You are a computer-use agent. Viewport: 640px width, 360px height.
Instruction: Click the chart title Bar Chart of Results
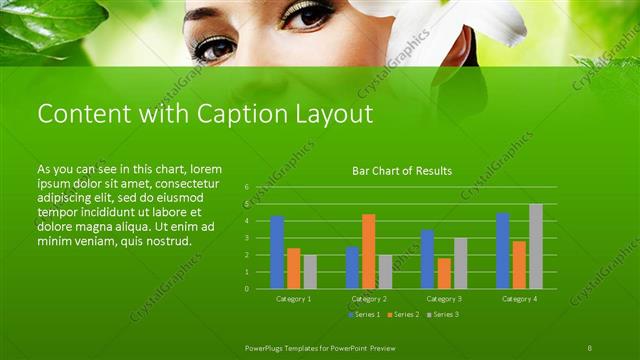[x=402, y=171]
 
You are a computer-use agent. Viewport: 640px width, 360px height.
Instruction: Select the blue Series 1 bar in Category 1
[x=277, y=252]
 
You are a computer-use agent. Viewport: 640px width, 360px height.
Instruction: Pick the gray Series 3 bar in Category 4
[x=536, y=246]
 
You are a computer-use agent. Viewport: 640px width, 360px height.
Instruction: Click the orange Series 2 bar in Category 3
[x=444, y=273]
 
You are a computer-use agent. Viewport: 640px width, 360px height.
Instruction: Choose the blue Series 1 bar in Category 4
[x=503, y=250]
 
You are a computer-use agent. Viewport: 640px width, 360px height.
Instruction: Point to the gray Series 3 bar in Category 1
[x=310, y=271]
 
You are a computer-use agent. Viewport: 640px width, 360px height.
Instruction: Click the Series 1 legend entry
[x=364, y=315]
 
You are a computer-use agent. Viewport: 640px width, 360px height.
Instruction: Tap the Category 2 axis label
[x=369, y=299]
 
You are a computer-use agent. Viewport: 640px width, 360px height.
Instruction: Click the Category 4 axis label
[x=519, y=299]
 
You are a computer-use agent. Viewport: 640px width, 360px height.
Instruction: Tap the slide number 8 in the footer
[x=590, y=346]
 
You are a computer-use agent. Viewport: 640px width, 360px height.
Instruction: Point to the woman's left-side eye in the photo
[x=214, y=46]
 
